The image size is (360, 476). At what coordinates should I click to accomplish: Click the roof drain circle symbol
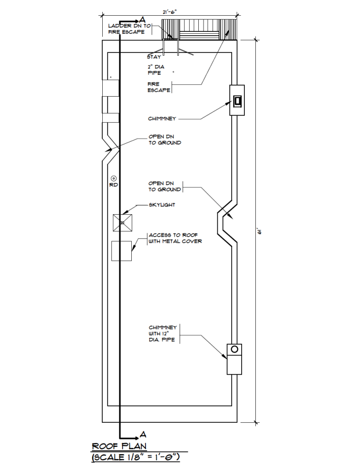pyautogui.click(x=113, y=178)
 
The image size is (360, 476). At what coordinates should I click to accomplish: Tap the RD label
pyautogui.click(x=113, y=185)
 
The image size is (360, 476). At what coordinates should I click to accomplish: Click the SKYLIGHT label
pyautogui.click(x=162, y=205)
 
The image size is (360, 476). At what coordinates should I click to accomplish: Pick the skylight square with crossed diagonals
pyautogui.click(x=122, y=223)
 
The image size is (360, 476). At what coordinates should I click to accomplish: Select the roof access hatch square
pyautogui.click(x=121, y=251)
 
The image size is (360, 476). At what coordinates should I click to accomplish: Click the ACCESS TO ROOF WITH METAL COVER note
pyautogui.click(x=175, y=238)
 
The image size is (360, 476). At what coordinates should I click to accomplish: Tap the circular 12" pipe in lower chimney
pyautogui.click(x=234, y=349)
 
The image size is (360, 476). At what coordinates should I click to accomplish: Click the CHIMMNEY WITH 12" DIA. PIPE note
pyautogui.click(x=162, y=334)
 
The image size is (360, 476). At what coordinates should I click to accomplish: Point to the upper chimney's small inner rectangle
pyautogui.click(x=237, y=100)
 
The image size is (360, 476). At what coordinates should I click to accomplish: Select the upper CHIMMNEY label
pyautogui.click(x=162, y=119)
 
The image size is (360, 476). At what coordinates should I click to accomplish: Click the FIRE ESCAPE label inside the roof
pyautogui.click(x=158, y=87)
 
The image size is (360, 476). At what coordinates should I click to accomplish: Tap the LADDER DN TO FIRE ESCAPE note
pyautogui.click(x=129, y=29)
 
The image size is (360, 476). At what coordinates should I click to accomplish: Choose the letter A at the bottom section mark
pyautogui.click(x=142, y=435)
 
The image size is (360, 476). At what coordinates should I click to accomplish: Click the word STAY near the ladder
pyautogui.click(x=154, y=57)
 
